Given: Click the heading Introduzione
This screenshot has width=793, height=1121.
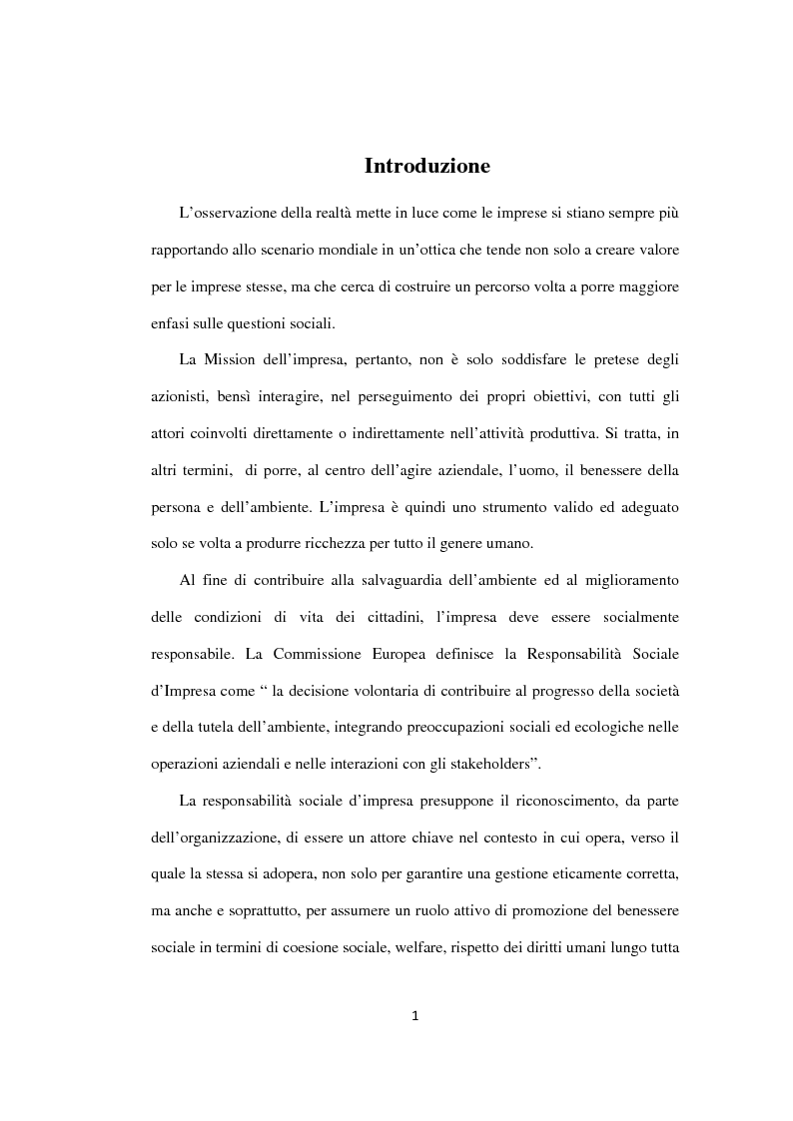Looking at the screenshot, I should pyautogui.click(x=426, y=166).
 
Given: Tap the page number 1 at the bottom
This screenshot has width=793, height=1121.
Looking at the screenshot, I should pyautogui.click(x=414, y=1016).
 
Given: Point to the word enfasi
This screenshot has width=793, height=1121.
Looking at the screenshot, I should pyautogui.click(x=170, y=322).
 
